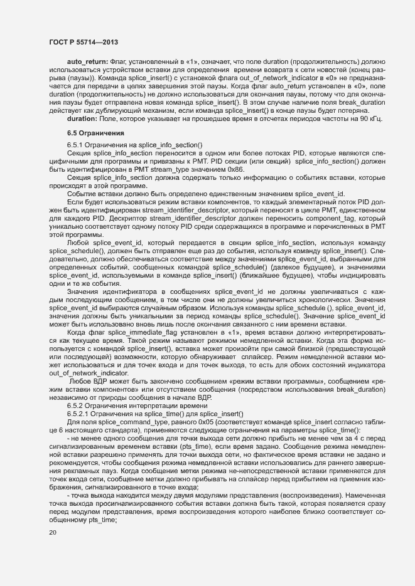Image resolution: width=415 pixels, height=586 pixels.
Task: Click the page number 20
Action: pos(52,533)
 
